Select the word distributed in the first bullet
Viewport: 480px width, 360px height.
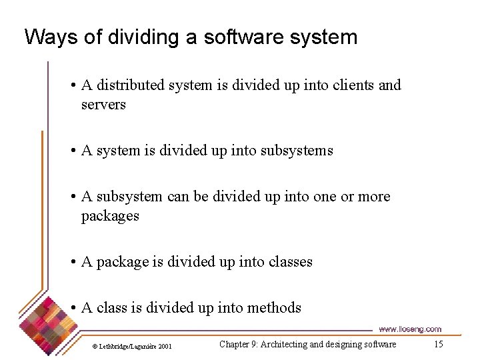click(x=133, y=85)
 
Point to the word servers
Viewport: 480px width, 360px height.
click(x=103, y=105)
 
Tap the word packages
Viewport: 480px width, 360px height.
click(x=110, y=216)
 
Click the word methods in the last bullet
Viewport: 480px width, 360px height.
click(x=274, y=308)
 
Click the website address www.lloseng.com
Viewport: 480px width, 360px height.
click(x=410, y=329)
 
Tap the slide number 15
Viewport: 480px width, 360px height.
click(x=438, y=344)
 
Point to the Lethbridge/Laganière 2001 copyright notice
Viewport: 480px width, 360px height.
click(x=132, y=346)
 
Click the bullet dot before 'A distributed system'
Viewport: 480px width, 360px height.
click(x=73, y=86)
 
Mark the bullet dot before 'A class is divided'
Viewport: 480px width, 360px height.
click(x=73, y=309)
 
